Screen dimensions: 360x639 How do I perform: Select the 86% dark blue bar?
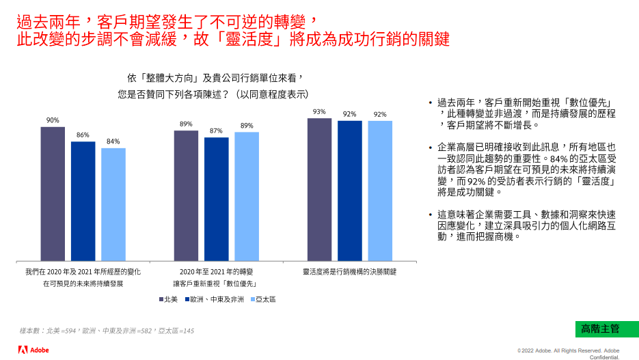(83, 201)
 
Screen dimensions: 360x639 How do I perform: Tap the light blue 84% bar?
(113, 204)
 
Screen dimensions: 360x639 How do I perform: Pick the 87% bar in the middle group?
(217, 199)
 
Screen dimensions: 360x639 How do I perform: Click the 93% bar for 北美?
(319, 189)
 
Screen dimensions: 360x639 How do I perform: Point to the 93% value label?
(319, 111)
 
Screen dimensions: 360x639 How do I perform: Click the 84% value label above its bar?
(113, 141)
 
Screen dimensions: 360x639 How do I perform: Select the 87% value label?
(217, 130)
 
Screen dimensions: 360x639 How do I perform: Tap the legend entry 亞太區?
(262, 299)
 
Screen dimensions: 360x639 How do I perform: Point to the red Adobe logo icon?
(23, 350)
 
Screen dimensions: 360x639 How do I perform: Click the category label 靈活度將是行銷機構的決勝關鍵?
(349, 272)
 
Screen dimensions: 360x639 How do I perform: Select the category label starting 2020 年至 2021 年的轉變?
(215, 272)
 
